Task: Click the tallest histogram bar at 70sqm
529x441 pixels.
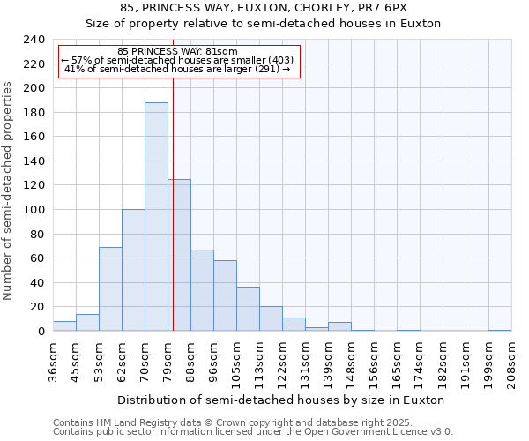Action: click(x=156, y=217)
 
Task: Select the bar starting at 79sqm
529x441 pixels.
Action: click(x=179, y=255)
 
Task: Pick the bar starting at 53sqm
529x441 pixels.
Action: click(x=110, y=289)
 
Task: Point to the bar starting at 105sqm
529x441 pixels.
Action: click(x=248, y=309)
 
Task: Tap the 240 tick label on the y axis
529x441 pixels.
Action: click(x=34, y=40)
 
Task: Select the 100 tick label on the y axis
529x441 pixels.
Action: click(x=34, y=210)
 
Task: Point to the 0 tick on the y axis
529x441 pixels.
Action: click(x=41, y=331)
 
